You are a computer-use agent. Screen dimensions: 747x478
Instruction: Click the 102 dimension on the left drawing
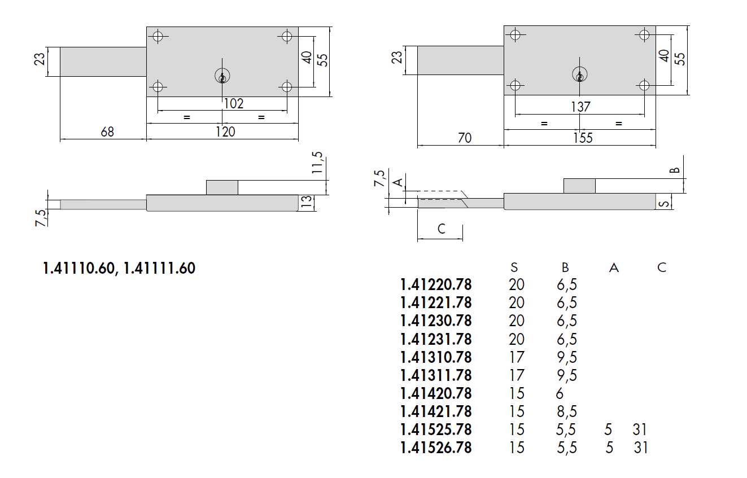234,104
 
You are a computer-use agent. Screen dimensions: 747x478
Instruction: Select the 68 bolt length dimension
107,132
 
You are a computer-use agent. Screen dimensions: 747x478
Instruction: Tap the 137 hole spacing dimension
580,107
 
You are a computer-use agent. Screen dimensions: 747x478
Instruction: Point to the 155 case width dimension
583,138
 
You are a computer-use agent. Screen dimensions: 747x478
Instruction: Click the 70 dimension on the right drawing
465,138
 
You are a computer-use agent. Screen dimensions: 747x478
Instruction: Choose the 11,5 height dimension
317,163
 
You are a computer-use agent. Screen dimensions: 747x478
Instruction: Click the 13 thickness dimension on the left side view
307,202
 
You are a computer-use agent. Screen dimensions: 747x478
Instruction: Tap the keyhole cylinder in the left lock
222,76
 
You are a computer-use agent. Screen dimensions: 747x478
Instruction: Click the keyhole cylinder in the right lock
580,74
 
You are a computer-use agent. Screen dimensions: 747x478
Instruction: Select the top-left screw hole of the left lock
158,36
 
